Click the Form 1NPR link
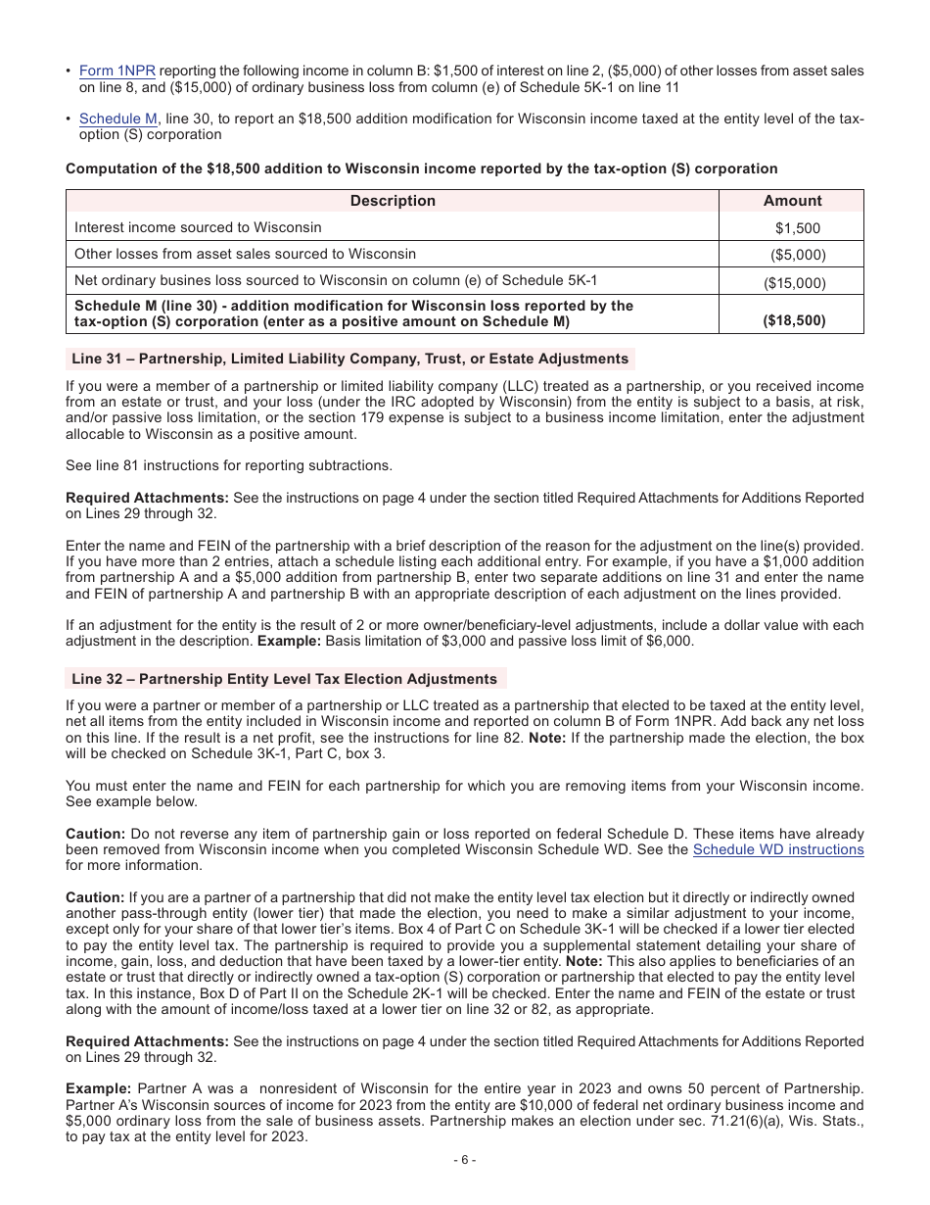116,71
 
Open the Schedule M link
117,119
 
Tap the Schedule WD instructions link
778,849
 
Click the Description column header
393,201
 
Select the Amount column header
792,201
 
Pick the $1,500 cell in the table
797,228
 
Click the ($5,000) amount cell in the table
797,255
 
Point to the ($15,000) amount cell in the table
794,282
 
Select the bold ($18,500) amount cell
794,320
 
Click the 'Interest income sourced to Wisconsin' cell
198,227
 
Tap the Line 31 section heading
349,359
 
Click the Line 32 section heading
284,679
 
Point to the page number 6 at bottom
465,1160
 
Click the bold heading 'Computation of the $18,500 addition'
421,169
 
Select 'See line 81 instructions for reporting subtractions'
229,465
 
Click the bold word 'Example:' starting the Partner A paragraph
98,1089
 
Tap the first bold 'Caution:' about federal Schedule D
95,833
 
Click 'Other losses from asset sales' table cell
245,254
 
